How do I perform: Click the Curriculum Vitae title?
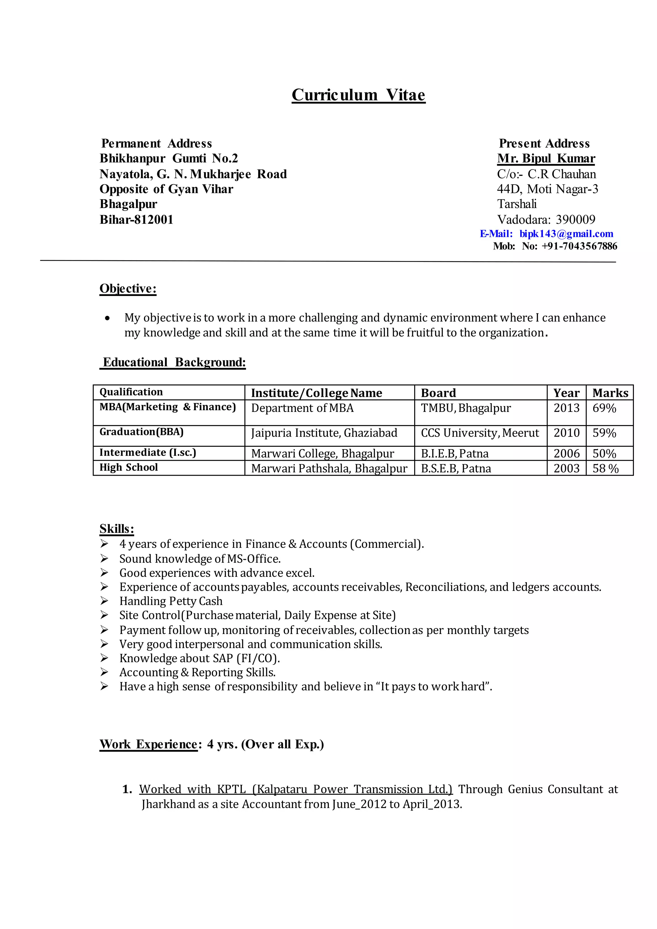click(x=358, y=95)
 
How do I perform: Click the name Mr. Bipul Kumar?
click(x=546, y=158)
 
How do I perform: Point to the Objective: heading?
click(x=128, y=289)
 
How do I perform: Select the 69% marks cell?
click(x=604, y=408)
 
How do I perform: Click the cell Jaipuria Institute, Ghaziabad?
click(x=324, y=433)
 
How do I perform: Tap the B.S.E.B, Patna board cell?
click(x=456, y=468)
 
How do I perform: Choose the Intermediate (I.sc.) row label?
click(x=148, y=453)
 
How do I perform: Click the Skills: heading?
click(x=116, y=529)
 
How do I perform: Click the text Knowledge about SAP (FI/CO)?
click(x=200, y=658)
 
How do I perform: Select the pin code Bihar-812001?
click(x=136, y=220)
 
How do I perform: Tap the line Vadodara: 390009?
click(x=546, y=220)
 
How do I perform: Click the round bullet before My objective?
click(x=107, y=318)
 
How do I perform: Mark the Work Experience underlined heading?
click(x=148, y=744)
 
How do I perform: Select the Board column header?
click(x=438, y=393)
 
